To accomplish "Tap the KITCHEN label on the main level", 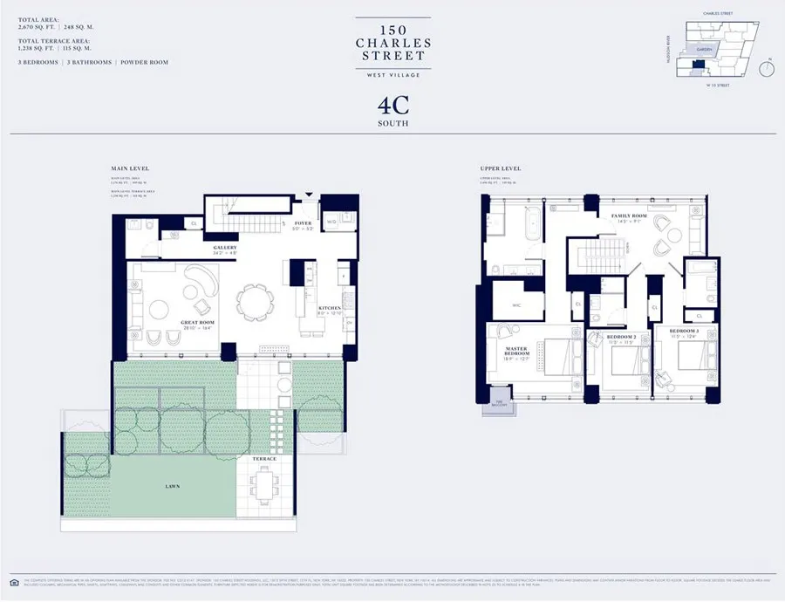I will click(328, 308).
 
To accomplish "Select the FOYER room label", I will click(303, 222).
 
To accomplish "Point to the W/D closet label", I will click(331, 222).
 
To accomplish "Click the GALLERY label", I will click(225, 248).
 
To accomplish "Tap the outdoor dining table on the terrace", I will click(265, 483).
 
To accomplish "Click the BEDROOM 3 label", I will click(685, 332).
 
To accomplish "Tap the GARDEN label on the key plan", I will click(704, 50).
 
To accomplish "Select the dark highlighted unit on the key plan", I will click(697, 65).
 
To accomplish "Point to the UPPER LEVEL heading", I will click(500, 168).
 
